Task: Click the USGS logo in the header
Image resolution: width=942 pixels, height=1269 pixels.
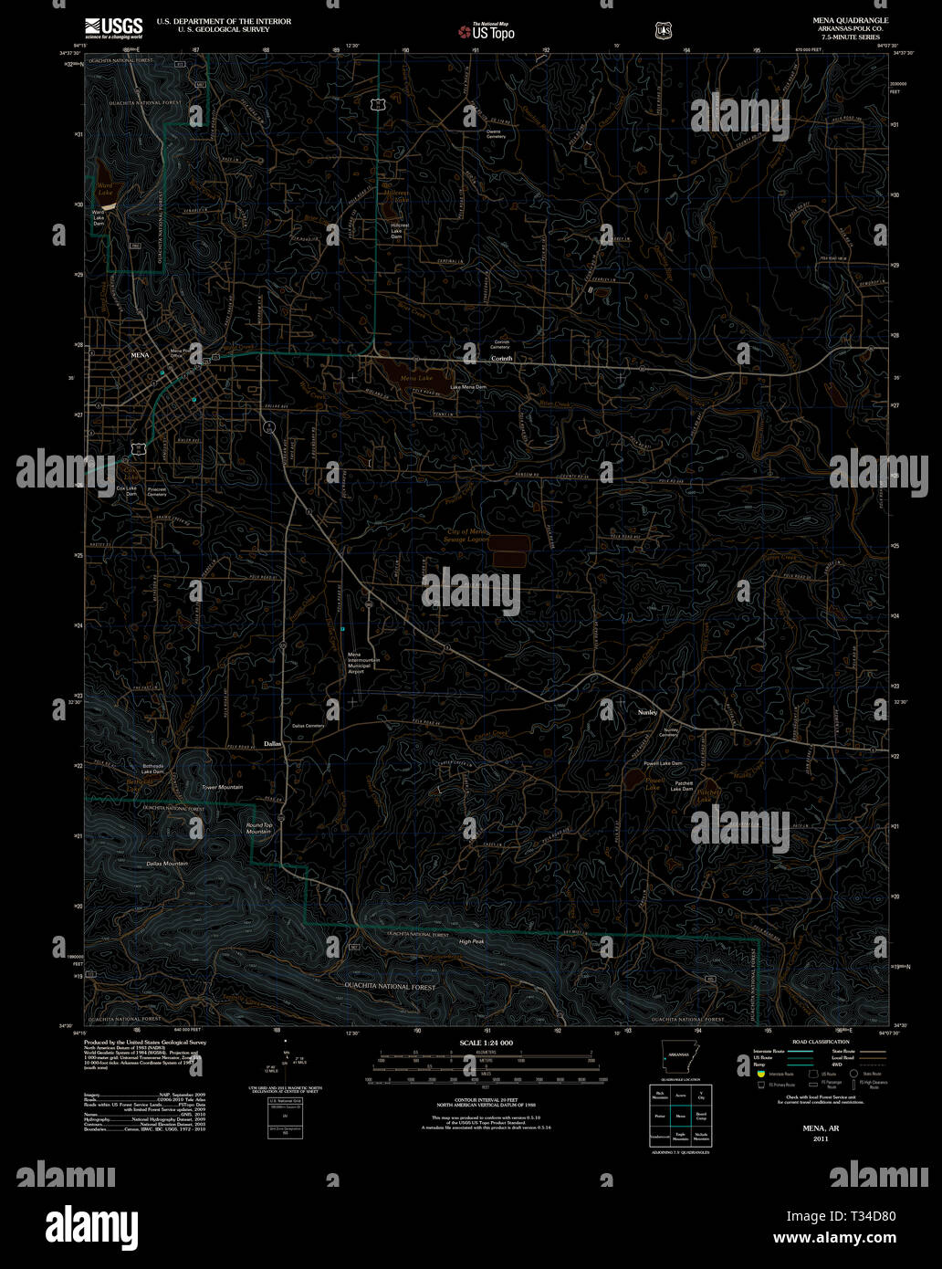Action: pyautogui.click(x=113, y=27)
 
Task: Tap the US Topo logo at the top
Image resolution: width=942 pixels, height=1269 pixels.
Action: pyautogui.click(x=487, y=32)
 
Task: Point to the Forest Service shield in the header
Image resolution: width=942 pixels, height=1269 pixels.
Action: pyautogui.click(x=664, y=31)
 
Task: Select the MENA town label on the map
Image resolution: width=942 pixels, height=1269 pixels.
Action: pyautogui.click(x=140, y=354)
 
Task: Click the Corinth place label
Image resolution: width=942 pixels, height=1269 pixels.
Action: pyautogui.click(x=502, y=359)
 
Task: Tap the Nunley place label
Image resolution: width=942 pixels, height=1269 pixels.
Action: pyautogui.click(x=647, y=712)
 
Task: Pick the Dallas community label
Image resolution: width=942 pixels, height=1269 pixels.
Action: pyautogui.click(x=273, y=744)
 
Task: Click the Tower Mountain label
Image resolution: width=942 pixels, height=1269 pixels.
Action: pyautogui.click(x=222, y=787)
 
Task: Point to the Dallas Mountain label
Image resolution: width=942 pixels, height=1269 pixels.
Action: pyautogui.click(x=167, y=863)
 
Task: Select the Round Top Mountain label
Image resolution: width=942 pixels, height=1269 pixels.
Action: pyautogui.click(x=259, y=828)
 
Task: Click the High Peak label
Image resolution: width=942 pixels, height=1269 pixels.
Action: pyautogui.click(x=471, y=941)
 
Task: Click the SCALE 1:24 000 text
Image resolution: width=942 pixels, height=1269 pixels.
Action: pyautogui.click(x=486, y=1043)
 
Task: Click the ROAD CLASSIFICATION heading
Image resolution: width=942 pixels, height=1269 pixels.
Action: pyautogui.click(x=821, y=1042)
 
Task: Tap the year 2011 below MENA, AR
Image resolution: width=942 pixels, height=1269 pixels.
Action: pyautogui.click(x=821, y=1138)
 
